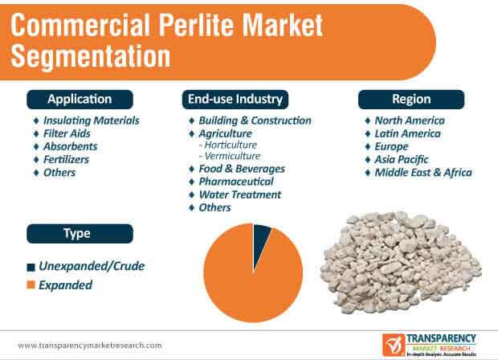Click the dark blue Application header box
pos(80,100)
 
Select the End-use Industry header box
pos(235,100)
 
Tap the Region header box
pos(411,100)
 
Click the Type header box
pos(80,234)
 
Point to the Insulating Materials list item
pos(91,121)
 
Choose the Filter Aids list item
pos(67,133)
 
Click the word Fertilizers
pos(66,159)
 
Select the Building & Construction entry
pos(255,121)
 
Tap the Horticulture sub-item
pos(231,145)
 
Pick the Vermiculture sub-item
pos(232,156)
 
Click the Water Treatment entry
pos(240,194)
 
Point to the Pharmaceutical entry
pos(236,182)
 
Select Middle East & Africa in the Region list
pos(423,173)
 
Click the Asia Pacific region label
pos(402,159)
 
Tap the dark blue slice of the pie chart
pos(260,242)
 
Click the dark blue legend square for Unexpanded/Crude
pos(31,267)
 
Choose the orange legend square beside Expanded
pos(31,284)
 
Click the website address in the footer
pos(90,346)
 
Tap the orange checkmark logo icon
pos(394,345)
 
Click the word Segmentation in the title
pos(91,56)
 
